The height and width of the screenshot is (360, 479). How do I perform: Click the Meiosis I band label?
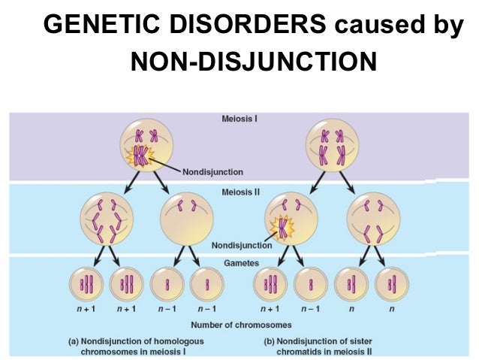point(239,118)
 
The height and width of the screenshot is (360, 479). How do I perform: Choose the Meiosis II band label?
point(239,192)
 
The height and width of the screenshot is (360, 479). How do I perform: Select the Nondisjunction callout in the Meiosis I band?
point(212,172)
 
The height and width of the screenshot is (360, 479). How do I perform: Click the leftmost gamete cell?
point(86,285)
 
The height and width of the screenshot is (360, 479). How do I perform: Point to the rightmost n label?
point(390,309)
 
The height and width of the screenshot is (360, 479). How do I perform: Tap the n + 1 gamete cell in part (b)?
point(270,285)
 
